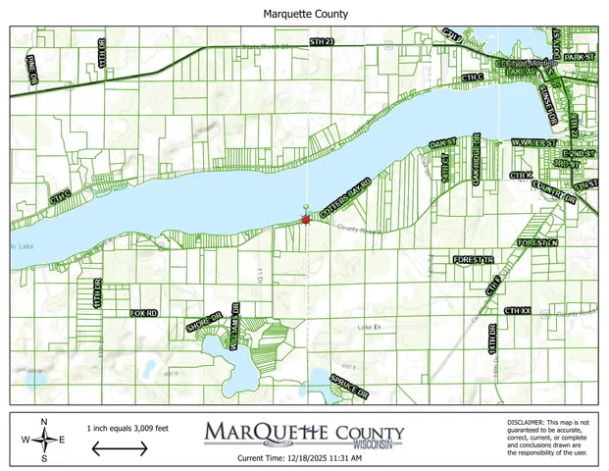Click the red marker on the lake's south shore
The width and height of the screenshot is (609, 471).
(306, 221)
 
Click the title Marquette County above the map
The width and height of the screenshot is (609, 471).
(305, 15)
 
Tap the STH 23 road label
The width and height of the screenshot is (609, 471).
(322, 42)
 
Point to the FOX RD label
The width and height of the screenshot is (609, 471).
(143, 312)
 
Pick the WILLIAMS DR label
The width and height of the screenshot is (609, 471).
(235, 328)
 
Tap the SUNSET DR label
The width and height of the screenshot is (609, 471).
(548, 99)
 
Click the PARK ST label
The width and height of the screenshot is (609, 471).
(581, 58)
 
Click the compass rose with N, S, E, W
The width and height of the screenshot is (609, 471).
(44, 441)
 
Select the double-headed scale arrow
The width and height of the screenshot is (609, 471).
(121, 447)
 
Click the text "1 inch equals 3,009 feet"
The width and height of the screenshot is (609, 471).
(127, 428)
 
